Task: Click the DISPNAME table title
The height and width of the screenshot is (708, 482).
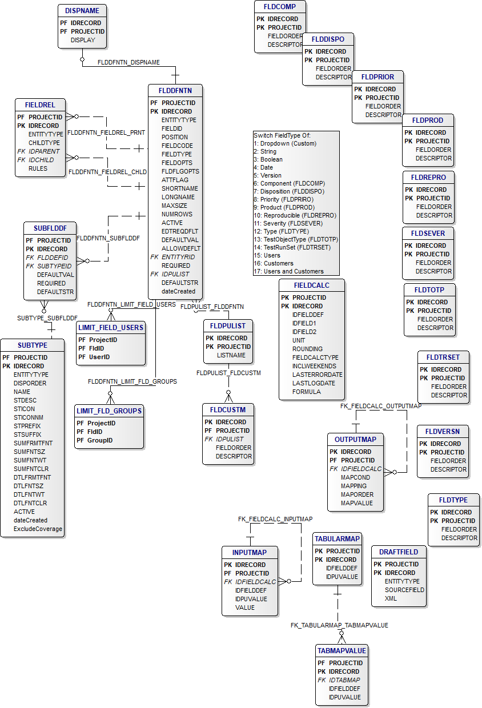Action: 82,11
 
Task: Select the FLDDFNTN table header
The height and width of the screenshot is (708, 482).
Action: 175,90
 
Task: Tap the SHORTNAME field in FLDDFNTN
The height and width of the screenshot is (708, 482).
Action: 179,188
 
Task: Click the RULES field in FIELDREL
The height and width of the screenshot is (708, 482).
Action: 38,168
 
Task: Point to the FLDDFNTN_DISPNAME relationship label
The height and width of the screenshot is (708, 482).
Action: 128,62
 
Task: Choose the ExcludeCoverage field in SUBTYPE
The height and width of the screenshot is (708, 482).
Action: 38,529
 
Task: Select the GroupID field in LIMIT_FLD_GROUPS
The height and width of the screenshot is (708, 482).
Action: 100,440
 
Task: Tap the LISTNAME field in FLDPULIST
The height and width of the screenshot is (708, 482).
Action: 231,355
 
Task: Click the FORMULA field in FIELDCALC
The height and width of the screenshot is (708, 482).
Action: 306,392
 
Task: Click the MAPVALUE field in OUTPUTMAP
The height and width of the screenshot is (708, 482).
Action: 356,503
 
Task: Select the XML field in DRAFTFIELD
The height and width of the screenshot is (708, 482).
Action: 391,598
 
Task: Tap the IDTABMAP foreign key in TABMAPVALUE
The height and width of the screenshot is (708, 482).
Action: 344,680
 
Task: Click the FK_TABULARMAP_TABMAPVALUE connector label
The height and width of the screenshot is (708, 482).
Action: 339,625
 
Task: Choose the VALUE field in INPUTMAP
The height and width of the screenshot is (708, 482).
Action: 245,608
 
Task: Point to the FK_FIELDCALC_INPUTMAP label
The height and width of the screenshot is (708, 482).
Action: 275,519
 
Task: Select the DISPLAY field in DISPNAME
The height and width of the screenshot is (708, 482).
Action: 83,40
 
